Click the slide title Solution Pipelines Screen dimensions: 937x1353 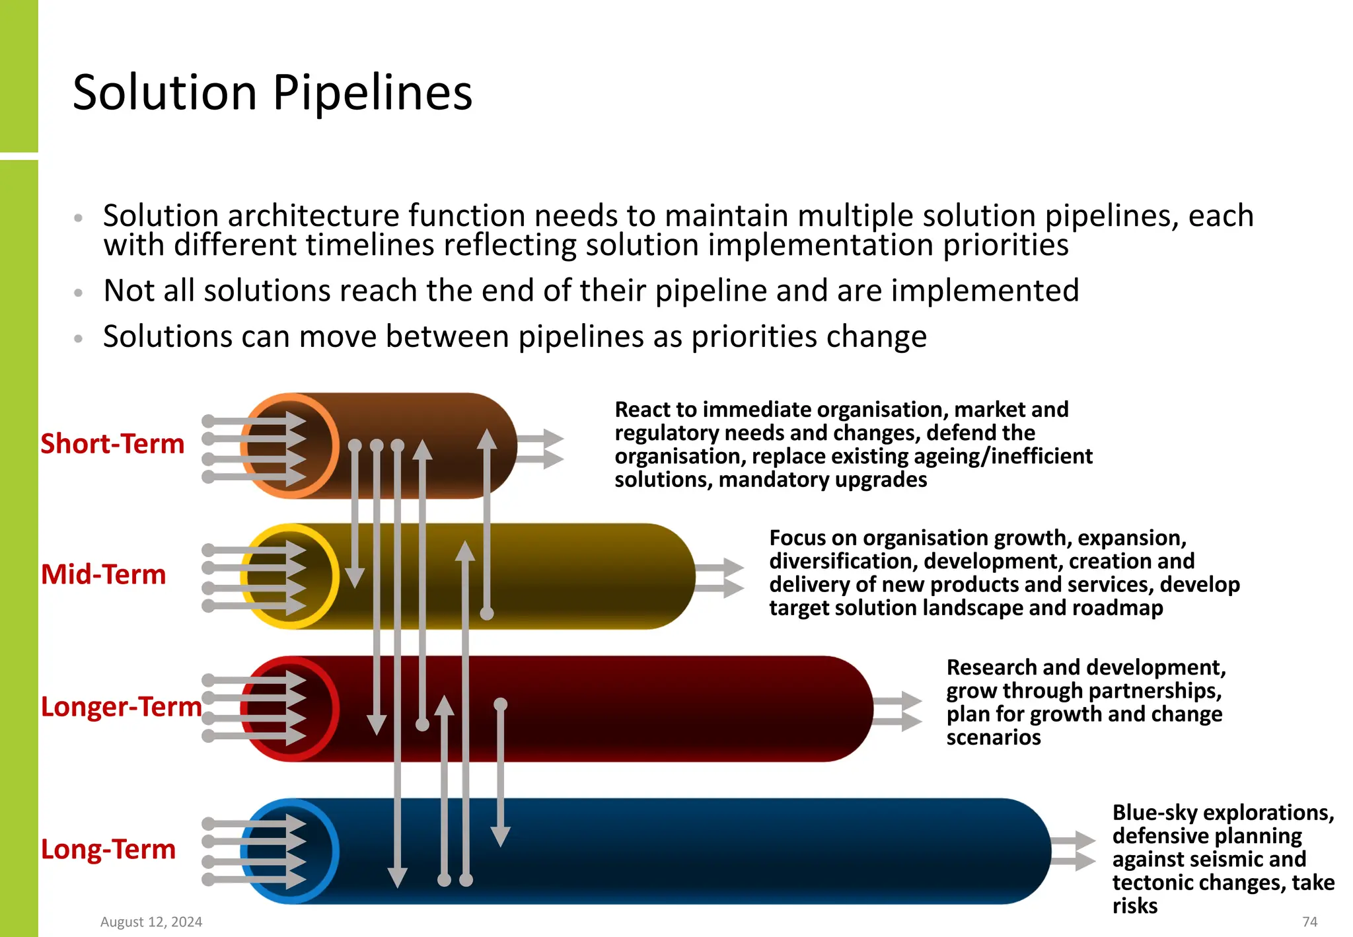(272, 93)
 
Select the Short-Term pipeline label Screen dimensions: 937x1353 (112, 443)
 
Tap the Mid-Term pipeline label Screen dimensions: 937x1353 (103, 574)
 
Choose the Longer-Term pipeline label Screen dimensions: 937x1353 (121, 706)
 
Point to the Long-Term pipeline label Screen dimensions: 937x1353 (108, 849)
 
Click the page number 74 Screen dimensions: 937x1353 (1309, 922)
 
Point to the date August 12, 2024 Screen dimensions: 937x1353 (151, 922)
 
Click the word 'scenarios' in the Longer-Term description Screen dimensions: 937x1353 (994, 737)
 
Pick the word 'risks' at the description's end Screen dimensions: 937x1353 (1135, 905)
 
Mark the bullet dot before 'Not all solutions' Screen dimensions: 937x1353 (79, 292)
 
